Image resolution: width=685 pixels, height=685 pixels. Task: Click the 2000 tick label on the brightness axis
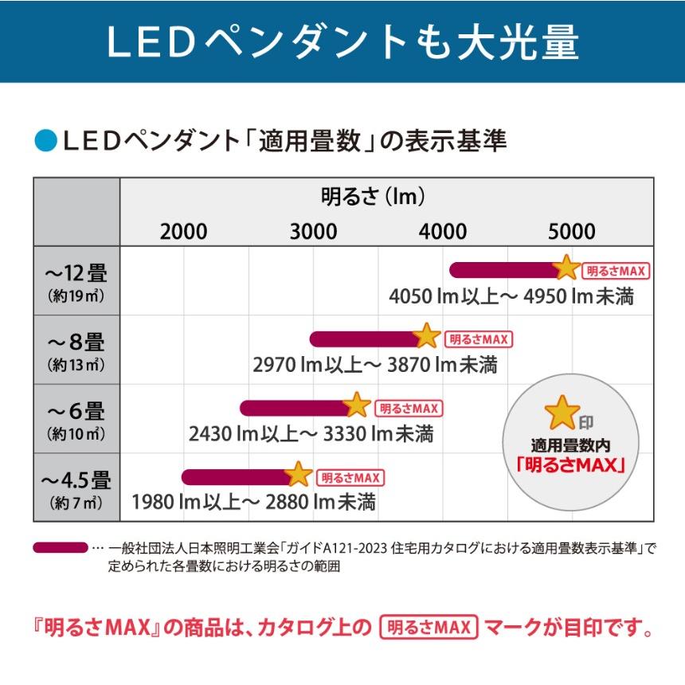pyautogui.click(x=183, y=232)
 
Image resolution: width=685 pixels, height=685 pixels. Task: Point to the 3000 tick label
pyautogui.click(x=313, y=232)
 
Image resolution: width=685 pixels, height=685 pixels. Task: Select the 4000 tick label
pyautogui.click(x=443, y=232)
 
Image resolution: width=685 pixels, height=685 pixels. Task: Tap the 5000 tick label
pyautogui.click(x=572, y=232)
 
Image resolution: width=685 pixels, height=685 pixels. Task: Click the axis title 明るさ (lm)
pyautogui.click(x=372, y=196)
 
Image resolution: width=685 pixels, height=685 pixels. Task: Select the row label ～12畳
pyautogui.click(x=76, y=273)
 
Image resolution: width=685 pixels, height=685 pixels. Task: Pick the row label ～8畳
pyautogui.click(x=76, y=342)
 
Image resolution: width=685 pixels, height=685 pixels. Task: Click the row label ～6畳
pyautogui.click(x=76, y=412)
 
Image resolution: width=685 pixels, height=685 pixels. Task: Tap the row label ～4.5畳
pyautogui.click(x=76, y=480)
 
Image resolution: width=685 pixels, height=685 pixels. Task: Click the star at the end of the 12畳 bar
pyautogui.click(x=566, y=268)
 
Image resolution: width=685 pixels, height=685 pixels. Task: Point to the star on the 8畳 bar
pyautogui.click(x=427, y=336)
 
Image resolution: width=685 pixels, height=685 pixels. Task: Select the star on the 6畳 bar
pyautogui.click(x=357, y=405)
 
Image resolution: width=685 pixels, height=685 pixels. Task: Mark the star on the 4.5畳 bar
pyautogui.click(x=299, y=475)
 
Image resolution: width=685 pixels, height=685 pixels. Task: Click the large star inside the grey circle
pyautogui.click(x=562, y=412)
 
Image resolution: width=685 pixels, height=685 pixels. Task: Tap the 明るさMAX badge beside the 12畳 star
pyautogui.click(x=616, y=271)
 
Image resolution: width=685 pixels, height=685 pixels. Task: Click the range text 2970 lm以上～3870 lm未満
pyautogui.click(x=375, y=365)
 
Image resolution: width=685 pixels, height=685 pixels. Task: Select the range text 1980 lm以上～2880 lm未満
pyautogui.click(x=254, y=503)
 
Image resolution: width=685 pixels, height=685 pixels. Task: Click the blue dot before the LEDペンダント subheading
pyautogui.click(x=45, y=142)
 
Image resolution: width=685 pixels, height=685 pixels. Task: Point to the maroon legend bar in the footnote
pyautogui.click(x=60, y=548)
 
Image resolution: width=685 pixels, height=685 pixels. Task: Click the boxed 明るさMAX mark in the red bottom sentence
pyautogui.click(x=429, y=628)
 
